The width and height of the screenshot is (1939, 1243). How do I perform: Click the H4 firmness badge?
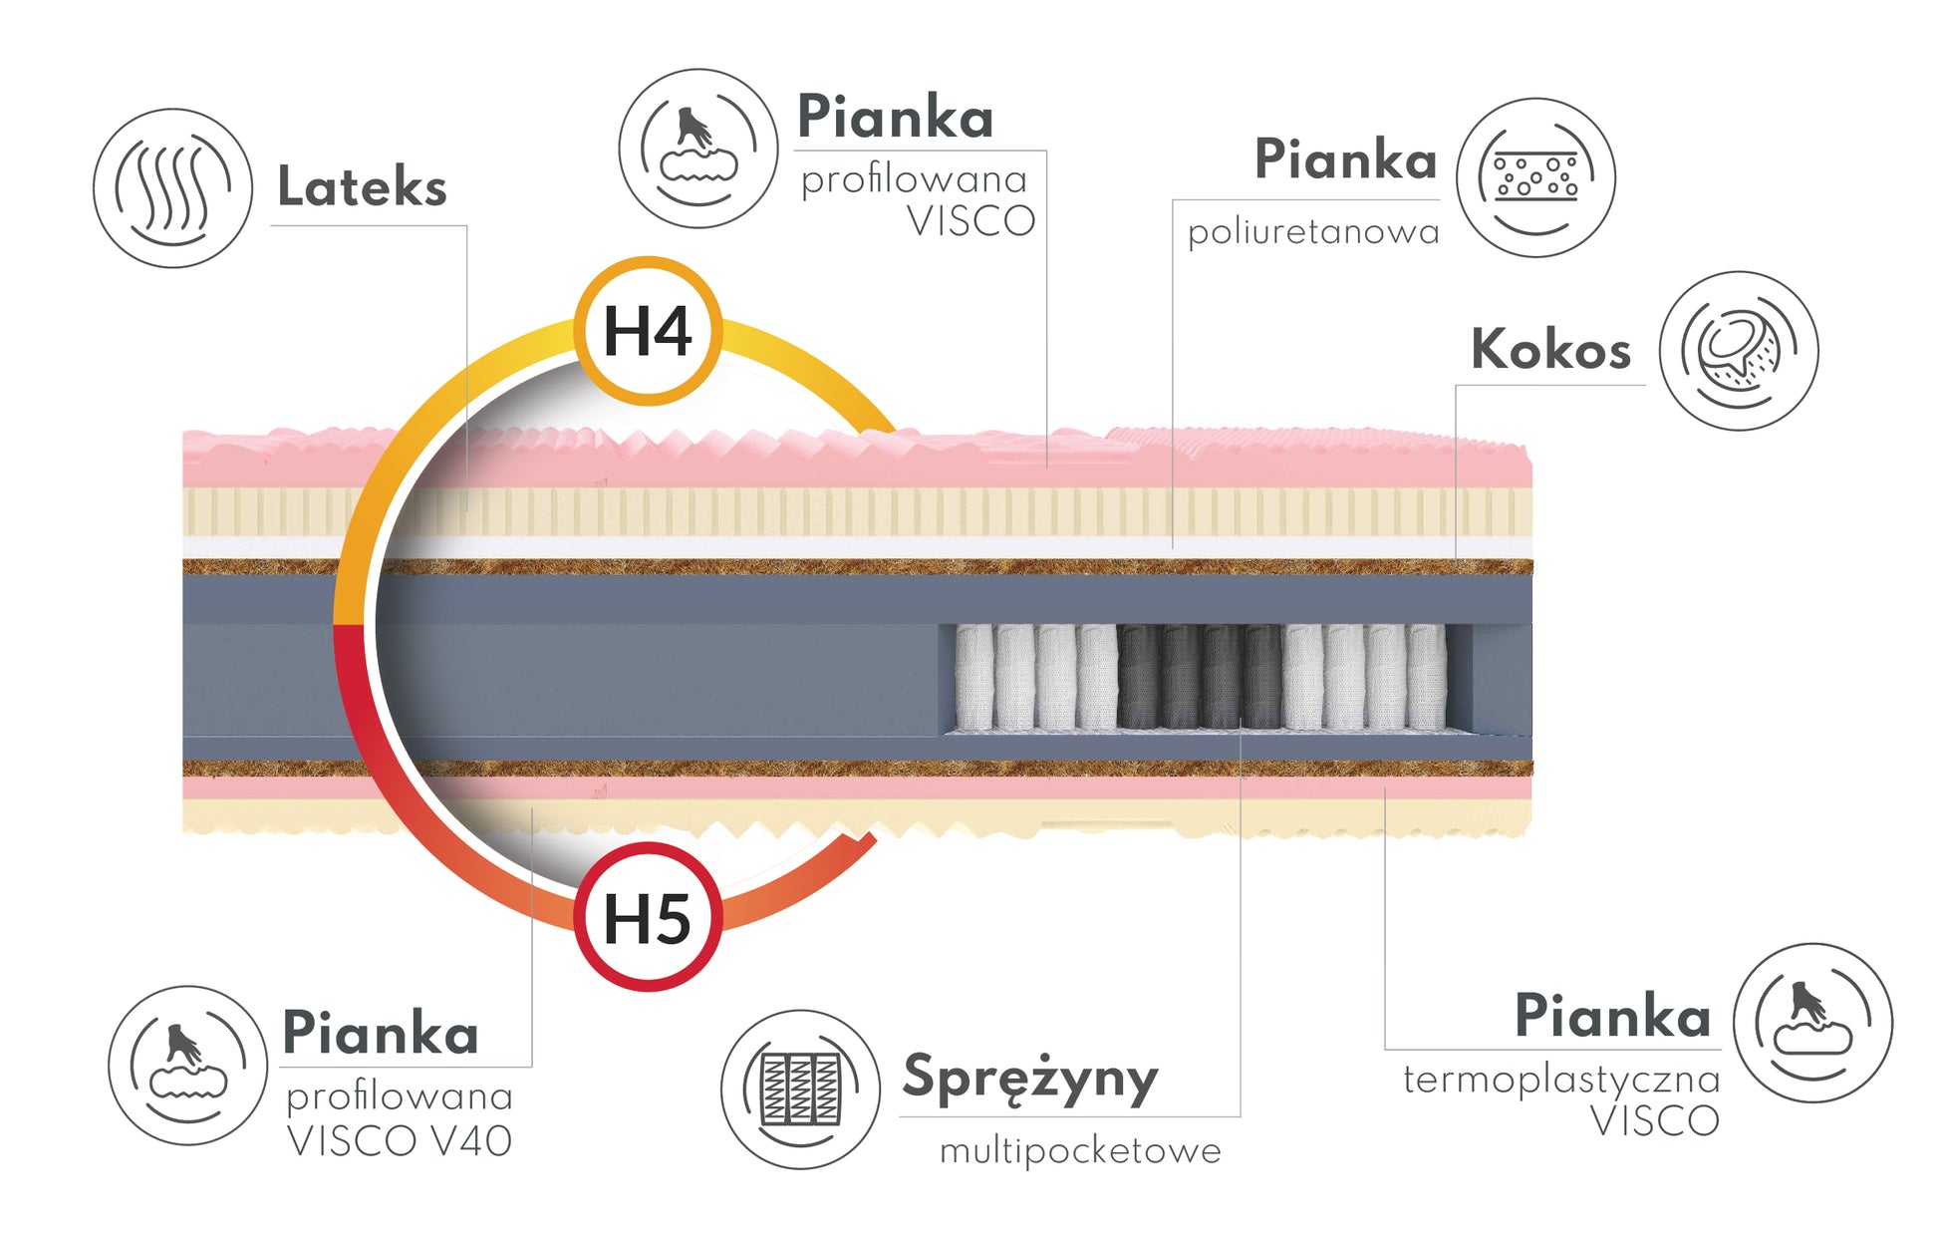[648, 331]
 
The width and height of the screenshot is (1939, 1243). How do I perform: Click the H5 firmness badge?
[648, 917]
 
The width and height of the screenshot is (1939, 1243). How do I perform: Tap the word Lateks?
[362, 186]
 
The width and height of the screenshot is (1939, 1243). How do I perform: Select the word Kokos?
[1550, 349]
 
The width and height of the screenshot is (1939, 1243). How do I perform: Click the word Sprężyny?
[1030, 1079]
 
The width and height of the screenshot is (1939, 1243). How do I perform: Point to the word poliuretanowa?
[1313, 232]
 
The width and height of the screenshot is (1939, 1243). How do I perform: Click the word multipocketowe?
[1080, 1151]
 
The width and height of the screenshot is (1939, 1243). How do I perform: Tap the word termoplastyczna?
[1561, 1080]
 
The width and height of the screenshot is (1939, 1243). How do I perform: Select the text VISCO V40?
[399, 1141]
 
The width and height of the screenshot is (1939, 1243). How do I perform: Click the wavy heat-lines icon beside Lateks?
[172, 188]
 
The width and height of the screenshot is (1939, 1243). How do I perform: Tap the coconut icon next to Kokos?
[1739, 351]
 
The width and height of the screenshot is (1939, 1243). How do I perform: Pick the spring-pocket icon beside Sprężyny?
[800, 1089]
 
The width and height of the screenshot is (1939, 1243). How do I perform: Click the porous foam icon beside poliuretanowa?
[1535, 177]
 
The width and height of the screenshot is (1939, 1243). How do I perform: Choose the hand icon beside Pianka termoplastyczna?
[1812, 1023]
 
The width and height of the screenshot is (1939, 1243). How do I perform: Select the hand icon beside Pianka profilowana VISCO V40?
[187, 1066]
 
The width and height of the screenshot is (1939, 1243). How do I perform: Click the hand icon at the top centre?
[697, 149]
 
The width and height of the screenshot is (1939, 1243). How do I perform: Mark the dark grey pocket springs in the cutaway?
[1201, 677]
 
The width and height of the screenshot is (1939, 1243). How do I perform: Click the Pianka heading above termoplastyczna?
[1612, 1016]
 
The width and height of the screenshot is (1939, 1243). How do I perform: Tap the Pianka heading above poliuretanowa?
[1345, 159]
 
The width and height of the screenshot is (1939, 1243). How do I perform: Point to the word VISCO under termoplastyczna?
[1655, 1121]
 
